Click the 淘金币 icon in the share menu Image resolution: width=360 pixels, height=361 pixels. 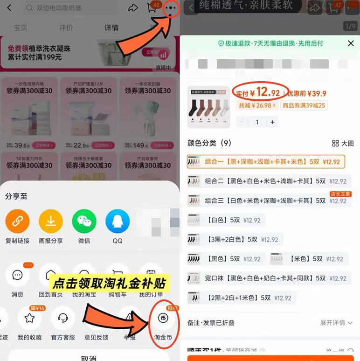click(x=163, y=318)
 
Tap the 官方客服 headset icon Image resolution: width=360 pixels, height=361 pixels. click(x=63, y=318)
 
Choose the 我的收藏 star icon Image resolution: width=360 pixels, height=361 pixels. click(x=29, y=318)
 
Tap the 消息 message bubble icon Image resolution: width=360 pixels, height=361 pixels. click(x=17, y=275)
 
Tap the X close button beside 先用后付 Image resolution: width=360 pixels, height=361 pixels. click(x=351, y=43)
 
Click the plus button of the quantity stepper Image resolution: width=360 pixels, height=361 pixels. click(x=273, y=122)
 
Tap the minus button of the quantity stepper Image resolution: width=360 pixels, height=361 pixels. click(x=242, y=122)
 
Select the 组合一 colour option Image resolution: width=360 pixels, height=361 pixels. click(x=266, y=162)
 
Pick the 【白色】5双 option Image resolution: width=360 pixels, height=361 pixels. click(x=224, y=220)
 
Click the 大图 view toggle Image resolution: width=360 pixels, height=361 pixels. click(x=343, y=143)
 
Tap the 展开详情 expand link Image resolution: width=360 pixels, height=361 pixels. click(x=336, y=323)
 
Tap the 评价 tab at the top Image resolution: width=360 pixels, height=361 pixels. click(x=66, y=28)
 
